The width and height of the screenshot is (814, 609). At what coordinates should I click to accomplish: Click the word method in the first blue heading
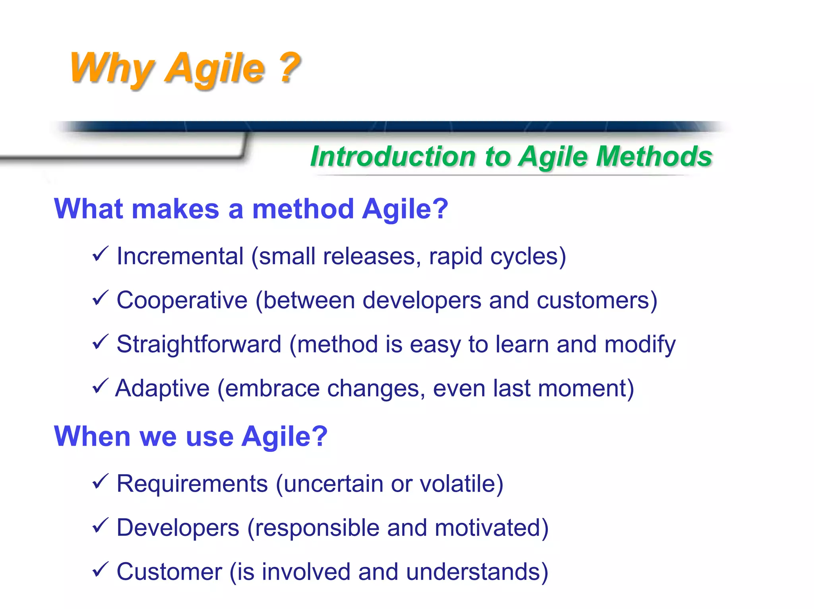click(x=303, y=209)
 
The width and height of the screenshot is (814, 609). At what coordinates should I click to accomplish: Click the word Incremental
click(x=180, y=256)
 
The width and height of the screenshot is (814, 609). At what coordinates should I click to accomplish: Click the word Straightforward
click(x=199, y=344)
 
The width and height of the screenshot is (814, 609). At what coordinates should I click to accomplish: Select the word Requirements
click(x=192, y=484)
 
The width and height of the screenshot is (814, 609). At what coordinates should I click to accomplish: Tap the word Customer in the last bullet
click(x=169, y=572)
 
